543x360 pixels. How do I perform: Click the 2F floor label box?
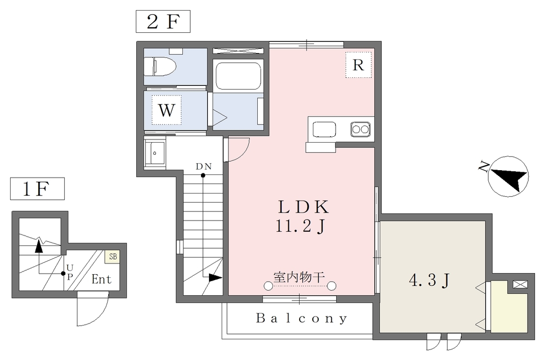coord(163,21)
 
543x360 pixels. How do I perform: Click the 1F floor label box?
coord(38,189)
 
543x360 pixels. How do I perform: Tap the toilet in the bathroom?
coord(160,66)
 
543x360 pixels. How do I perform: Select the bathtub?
coord(238,75)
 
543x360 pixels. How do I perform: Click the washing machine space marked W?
coord(166,110)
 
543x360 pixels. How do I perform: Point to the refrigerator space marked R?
coord(358,65)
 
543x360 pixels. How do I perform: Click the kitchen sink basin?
coord(324,130)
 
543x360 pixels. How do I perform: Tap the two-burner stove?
coord(360,129)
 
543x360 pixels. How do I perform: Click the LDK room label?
coord(303,207)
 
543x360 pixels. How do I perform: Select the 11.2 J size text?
coord(301,227)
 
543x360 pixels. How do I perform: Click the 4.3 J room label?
coord(430,280)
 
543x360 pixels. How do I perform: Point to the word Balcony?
coord(301,318)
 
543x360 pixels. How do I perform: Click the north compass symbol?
coord(507,177)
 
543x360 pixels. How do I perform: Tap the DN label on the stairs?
coord(204,166)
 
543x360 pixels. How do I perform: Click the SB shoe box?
coord(113,257)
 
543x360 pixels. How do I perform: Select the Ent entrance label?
coord(101,279)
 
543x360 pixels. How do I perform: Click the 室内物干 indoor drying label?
coord(299,277)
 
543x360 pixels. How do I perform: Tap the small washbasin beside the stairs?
coord(155,152)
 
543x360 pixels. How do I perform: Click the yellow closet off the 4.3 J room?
coord(509,307)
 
